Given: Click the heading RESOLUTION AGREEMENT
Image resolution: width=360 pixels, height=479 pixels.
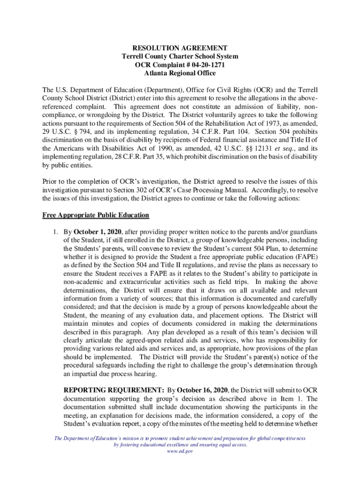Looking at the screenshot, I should (180, 48).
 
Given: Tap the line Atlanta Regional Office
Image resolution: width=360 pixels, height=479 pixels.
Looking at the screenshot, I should (180, 73).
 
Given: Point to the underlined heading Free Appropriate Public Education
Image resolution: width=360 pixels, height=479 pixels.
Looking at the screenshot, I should (96, 215).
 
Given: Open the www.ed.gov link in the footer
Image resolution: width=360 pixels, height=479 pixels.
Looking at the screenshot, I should (180, 451).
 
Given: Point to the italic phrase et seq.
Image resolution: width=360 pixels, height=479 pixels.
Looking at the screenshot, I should (271, 148).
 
